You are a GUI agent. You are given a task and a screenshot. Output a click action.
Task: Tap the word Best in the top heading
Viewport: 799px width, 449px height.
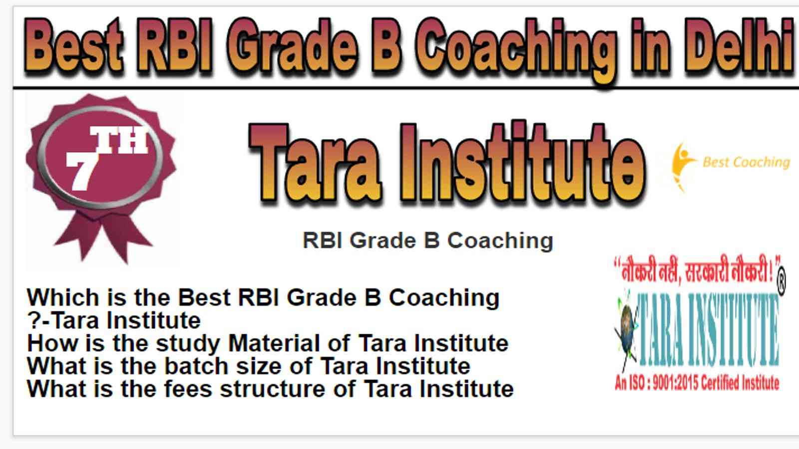(x=73, y=46)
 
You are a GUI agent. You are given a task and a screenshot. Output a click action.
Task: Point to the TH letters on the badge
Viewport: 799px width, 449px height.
(x=119, y=140)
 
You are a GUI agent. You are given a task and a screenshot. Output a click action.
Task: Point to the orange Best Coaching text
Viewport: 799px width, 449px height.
(x=746, y=163)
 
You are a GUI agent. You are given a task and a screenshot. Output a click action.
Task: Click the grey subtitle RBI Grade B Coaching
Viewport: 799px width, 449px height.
(x=427, y=241)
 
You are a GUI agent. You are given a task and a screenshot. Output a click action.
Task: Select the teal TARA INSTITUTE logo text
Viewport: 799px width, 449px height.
(x=709, y=330)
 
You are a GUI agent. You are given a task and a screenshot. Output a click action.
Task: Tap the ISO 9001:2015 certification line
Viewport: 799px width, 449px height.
(x=697, y=383)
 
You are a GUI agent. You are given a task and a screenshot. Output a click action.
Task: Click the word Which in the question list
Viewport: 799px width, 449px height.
(x=63, y=297)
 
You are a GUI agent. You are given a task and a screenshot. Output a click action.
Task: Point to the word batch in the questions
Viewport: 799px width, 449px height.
(x=196, y=366)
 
